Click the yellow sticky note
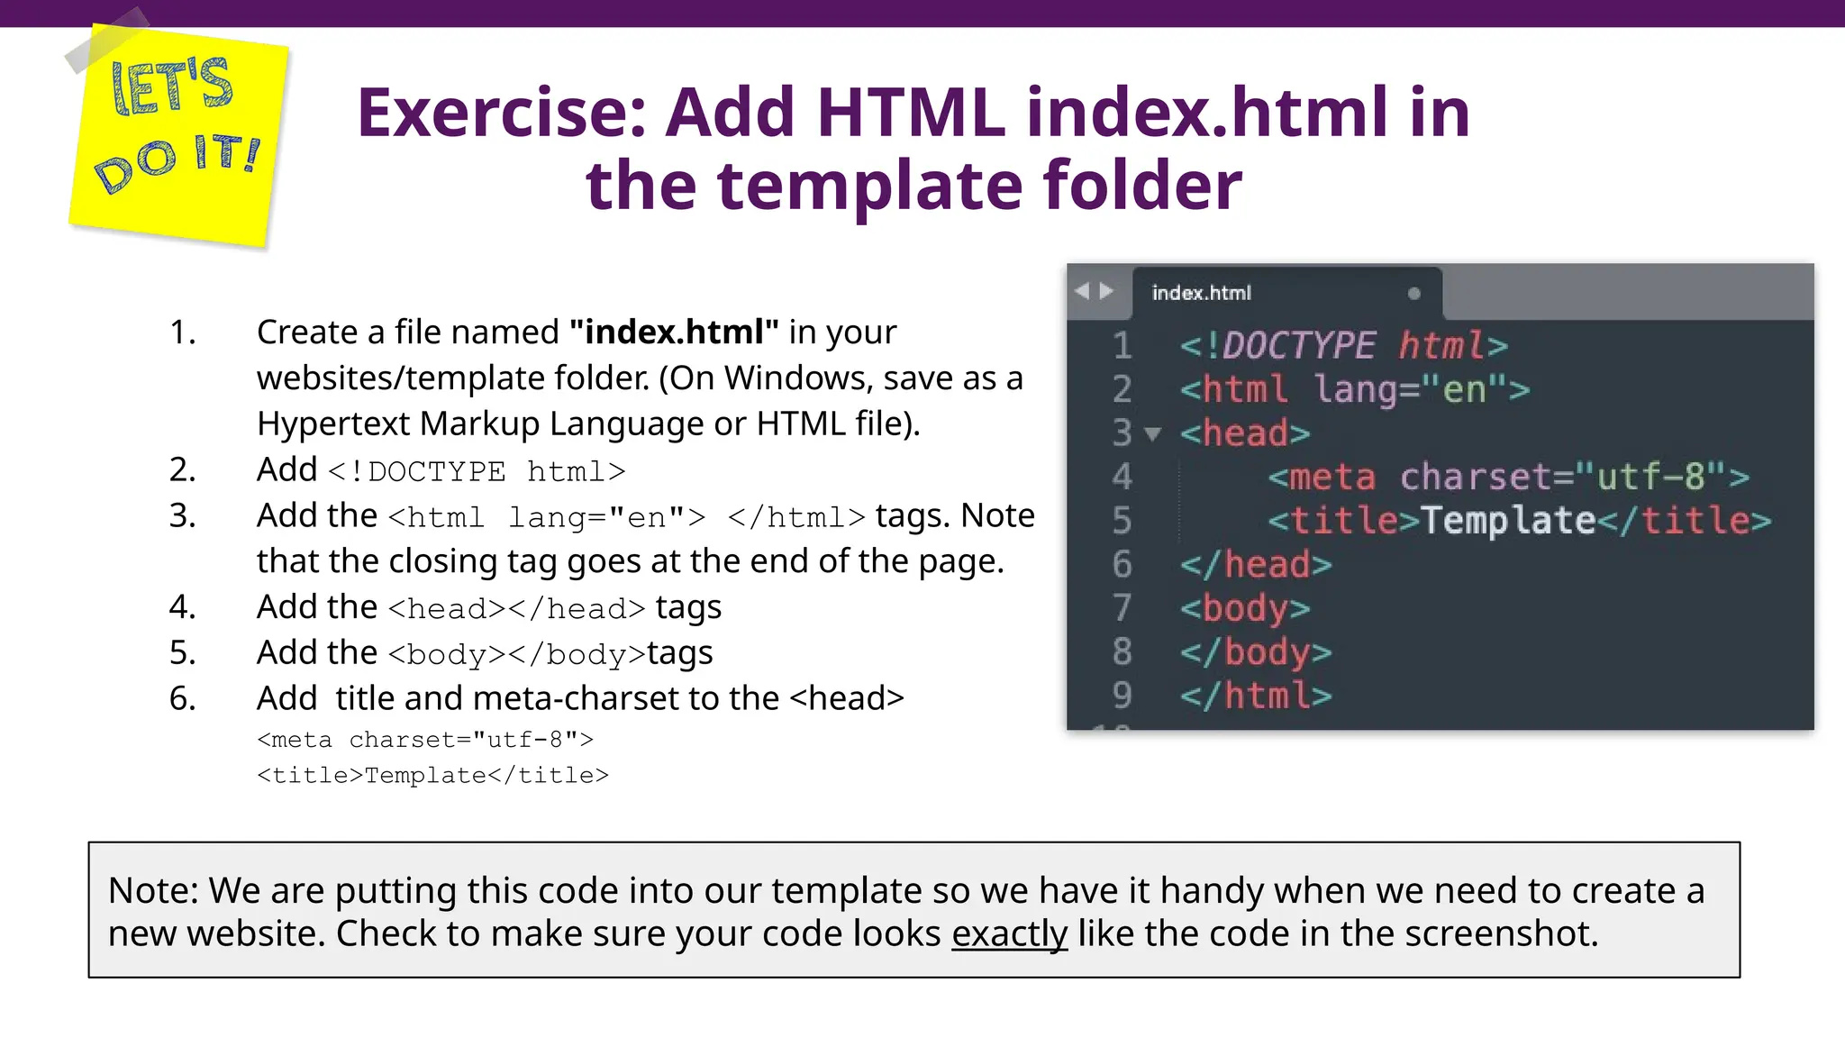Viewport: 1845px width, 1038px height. (178, 135)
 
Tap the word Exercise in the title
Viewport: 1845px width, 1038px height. (502, 114)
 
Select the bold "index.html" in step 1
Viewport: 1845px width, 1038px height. (674, 332)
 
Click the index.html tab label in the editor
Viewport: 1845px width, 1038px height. (1201, 293)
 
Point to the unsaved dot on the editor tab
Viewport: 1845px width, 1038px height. (1413, 294)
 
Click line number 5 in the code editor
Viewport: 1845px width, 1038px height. (1122, 521)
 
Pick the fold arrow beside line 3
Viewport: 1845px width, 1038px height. (1152, 434)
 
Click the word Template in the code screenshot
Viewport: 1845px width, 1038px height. (1508, 521)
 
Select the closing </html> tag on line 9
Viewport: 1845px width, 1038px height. (1256, 696)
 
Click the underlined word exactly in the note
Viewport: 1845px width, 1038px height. (1009, 934)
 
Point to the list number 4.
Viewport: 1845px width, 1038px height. (182, 607)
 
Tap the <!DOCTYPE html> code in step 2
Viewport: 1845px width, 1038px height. (477, 471)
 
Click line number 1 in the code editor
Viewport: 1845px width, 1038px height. (1122, 346)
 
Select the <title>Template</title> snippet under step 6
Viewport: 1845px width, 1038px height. (432, 776)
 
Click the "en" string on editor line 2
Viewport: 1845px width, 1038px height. (1464, 390)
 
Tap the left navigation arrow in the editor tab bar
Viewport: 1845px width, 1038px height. (1082, 291)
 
